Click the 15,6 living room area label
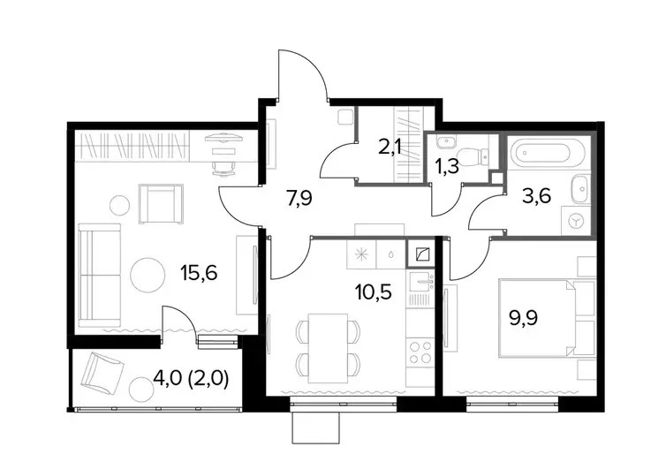click(199, 273)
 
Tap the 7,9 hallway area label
click(299, 198)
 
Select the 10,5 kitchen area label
click(374, 292)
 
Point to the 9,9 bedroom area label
click(523, 317)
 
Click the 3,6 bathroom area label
click(538, 196)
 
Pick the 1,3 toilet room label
click(447, 166)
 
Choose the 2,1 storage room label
click(391, 150)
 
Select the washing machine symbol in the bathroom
click(577, 220)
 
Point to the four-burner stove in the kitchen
click(420, 352)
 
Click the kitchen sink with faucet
click(421, 282)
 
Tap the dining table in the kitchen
click(329, 348)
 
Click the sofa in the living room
click(100, 276)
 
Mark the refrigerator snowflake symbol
click(361, 254)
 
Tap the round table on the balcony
click(141, 390)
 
